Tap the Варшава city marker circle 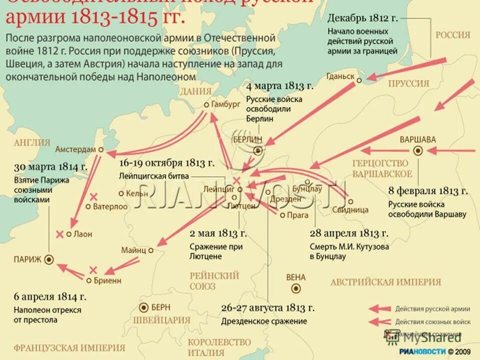418,150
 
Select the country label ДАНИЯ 196,91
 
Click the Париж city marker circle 49,259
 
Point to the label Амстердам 75,149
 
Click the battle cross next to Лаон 60,233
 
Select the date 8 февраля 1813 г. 428,190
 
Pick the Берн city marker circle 144,307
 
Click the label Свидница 353,210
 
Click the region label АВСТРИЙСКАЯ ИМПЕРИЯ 385,282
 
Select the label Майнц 133,250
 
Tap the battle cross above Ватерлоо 93,196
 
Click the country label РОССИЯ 453,35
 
